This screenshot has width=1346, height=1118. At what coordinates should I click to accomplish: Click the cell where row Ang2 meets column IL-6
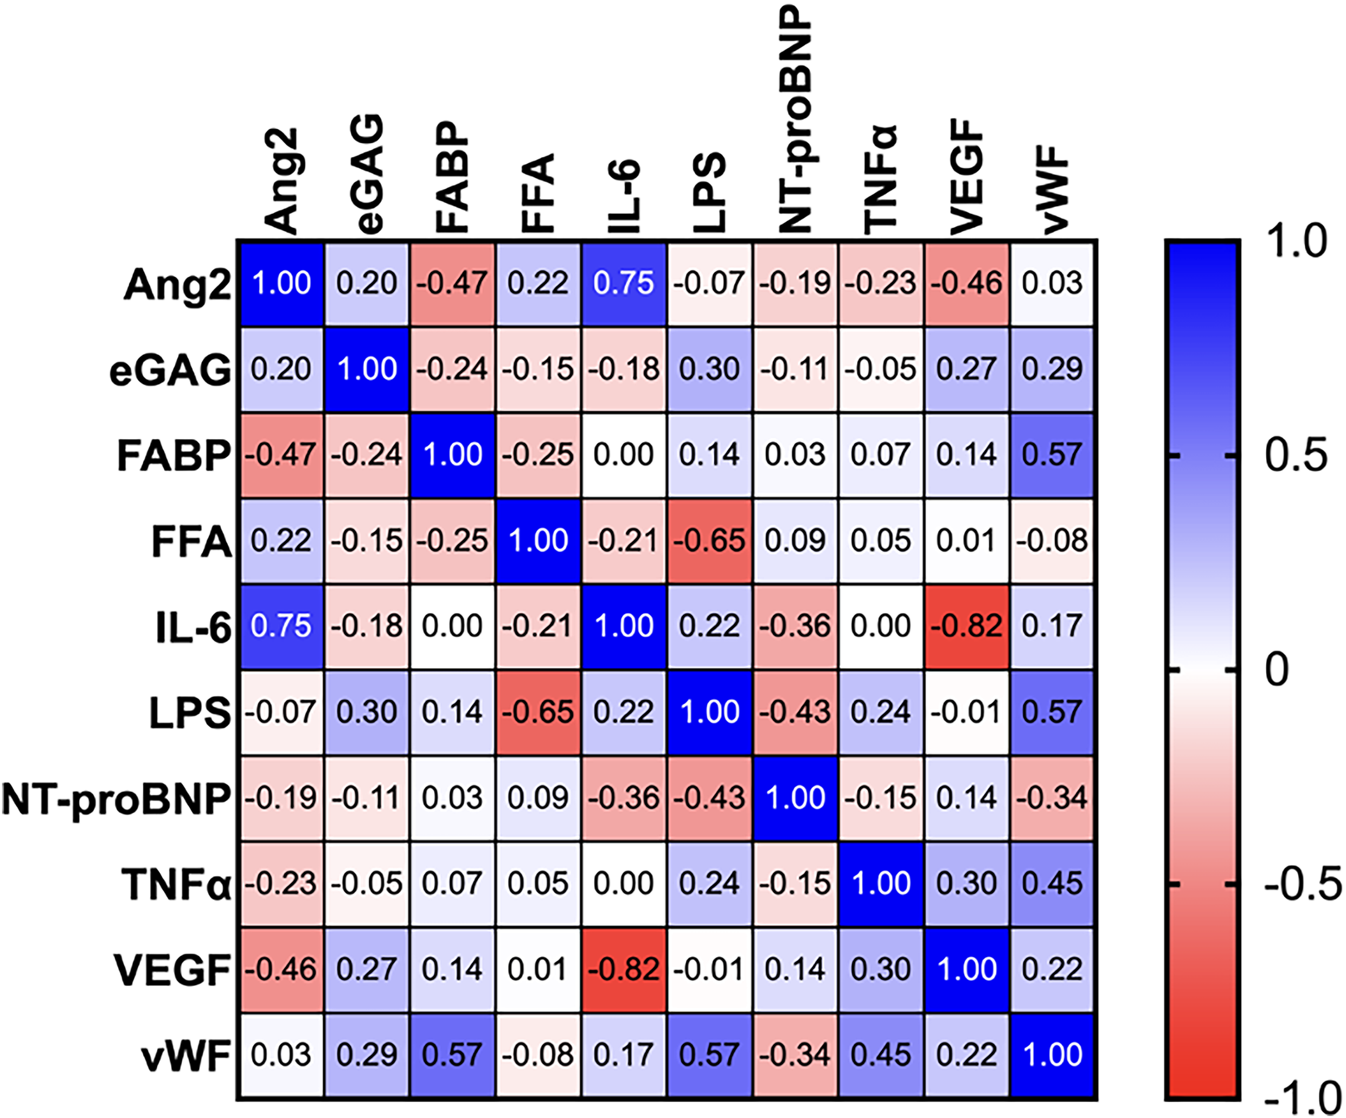[x=624, y=284]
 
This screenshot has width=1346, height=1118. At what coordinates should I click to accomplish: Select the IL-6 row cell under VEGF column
[x=966, y=626]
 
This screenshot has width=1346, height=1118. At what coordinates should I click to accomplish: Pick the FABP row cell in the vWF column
[x=1053, y=455]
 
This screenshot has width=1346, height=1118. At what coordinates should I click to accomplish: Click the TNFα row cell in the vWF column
[x=1053, y=884]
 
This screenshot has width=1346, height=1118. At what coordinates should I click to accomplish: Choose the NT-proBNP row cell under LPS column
[x=710, y=798]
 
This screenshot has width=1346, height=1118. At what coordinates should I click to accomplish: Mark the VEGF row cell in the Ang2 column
[x=282, y=969]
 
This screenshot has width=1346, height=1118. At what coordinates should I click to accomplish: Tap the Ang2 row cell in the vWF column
[x=1053, y=284]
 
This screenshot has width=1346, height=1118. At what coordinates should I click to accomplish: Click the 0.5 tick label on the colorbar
[x=1295, y=455]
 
